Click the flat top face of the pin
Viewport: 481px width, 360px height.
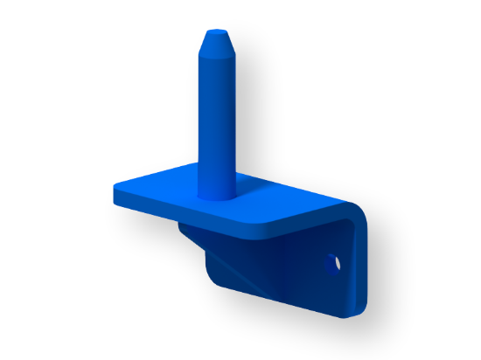pyautogui.click(x=216, y=33)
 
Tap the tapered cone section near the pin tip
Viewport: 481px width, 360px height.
pyautogui.click(x=216, y=45)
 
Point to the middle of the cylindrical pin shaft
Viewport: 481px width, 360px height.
pyautogui.click(x=216, y=122)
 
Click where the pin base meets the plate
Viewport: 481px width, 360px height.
pyautogui.click(x=216, y=194)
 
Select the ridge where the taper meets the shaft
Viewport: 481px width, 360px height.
pyautogui.click(x=216, y=58)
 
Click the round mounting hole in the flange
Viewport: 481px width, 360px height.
pyautogui.click(x=333, y=261)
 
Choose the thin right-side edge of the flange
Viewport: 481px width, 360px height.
pyautogui.click(x=363, y=262)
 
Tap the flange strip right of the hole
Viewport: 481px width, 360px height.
pyautogui.click(x=350, y=267)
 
